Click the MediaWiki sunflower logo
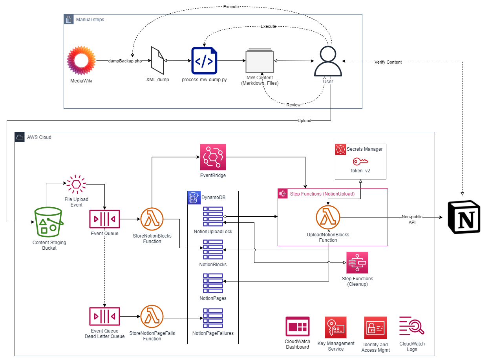point(81,61)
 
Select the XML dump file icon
point(157,60)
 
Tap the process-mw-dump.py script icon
point(204,60)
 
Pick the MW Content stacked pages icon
point(260,61)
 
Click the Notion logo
point(464,217)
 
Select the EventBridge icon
point(213,157)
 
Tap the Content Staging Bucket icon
point(49,223)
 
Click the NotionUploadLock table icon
point(213,216)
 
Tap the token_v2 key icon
point(360,162)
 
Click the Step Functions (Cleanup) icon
point(357,263)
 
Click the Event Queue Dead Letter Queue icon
point(104,316)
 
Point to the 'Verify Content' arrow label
point(388,62)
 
